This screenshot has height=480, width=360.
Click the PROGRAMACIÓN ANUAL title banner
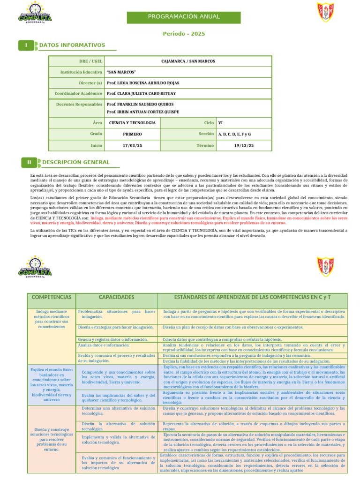[x=184, y=17]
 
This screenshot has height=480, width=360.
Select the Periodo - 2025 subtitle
[x=184, y=34]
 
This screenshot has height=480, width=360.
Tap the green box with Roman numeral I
[x=26, y=45]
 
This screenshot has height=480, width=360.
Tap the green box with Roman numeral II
[x=29, y=162]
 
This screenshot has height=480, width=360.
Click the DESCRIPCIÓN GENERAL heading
[x=76, y=162]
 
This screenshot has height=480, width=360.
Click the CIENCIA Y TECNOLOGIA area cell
[x=132, y=123]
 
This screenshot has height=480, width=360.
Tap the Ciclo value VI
[x=220, y=123]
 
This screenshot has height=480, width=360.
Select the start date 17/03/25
[x=132, y=146]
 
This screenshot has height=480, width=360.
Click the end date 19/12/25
[x=244, y=146]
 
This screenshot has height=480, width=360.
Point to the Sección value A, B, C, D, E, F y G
[x=234, y=134]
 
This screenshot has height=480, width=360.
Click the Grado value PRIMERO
[x=132, y=134]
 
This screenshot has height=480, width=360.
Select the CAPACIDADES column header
[x=117, y=297]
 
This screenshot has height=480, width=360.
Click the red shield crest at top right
[x=325, y=12]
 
